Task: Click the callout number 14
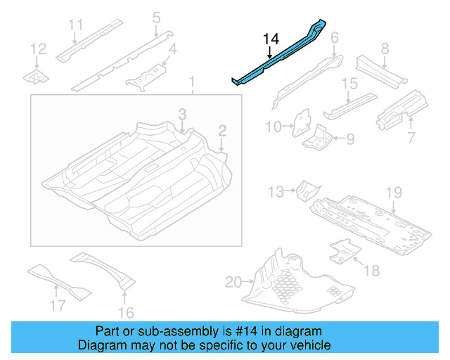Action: (x=271, y=39)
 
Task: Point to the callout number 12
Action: (x=39, y=49)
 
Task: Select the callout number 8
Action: (x=385, y=49)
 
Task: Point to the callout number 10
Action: (x=273, y=127)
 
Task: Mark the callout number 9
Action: (x=350, y=138)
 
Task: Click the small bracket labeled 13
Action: (x=307, y=189)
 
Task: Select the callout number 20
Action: (x=233, y=283)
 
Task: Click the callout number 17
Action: (x=57, y=305)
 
